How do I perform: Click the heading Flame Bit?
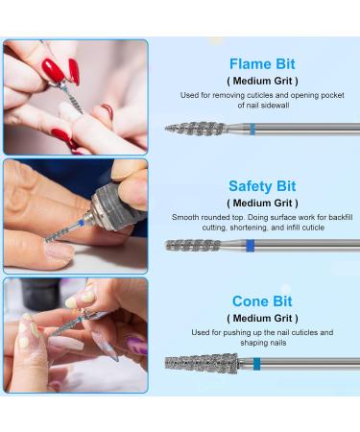262,65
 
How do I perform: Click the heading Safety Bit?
262,185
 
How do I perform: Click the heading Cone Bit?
262,300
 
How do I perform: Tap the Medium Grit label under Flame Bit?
262,82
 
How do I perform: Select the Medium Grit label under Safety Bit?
262,203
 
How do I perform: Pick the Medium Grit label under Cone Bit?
262,318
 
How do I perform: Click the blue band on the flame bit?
252,129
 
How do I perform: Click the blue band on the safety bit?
251,246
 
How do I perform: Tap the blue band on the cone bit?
257,364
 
